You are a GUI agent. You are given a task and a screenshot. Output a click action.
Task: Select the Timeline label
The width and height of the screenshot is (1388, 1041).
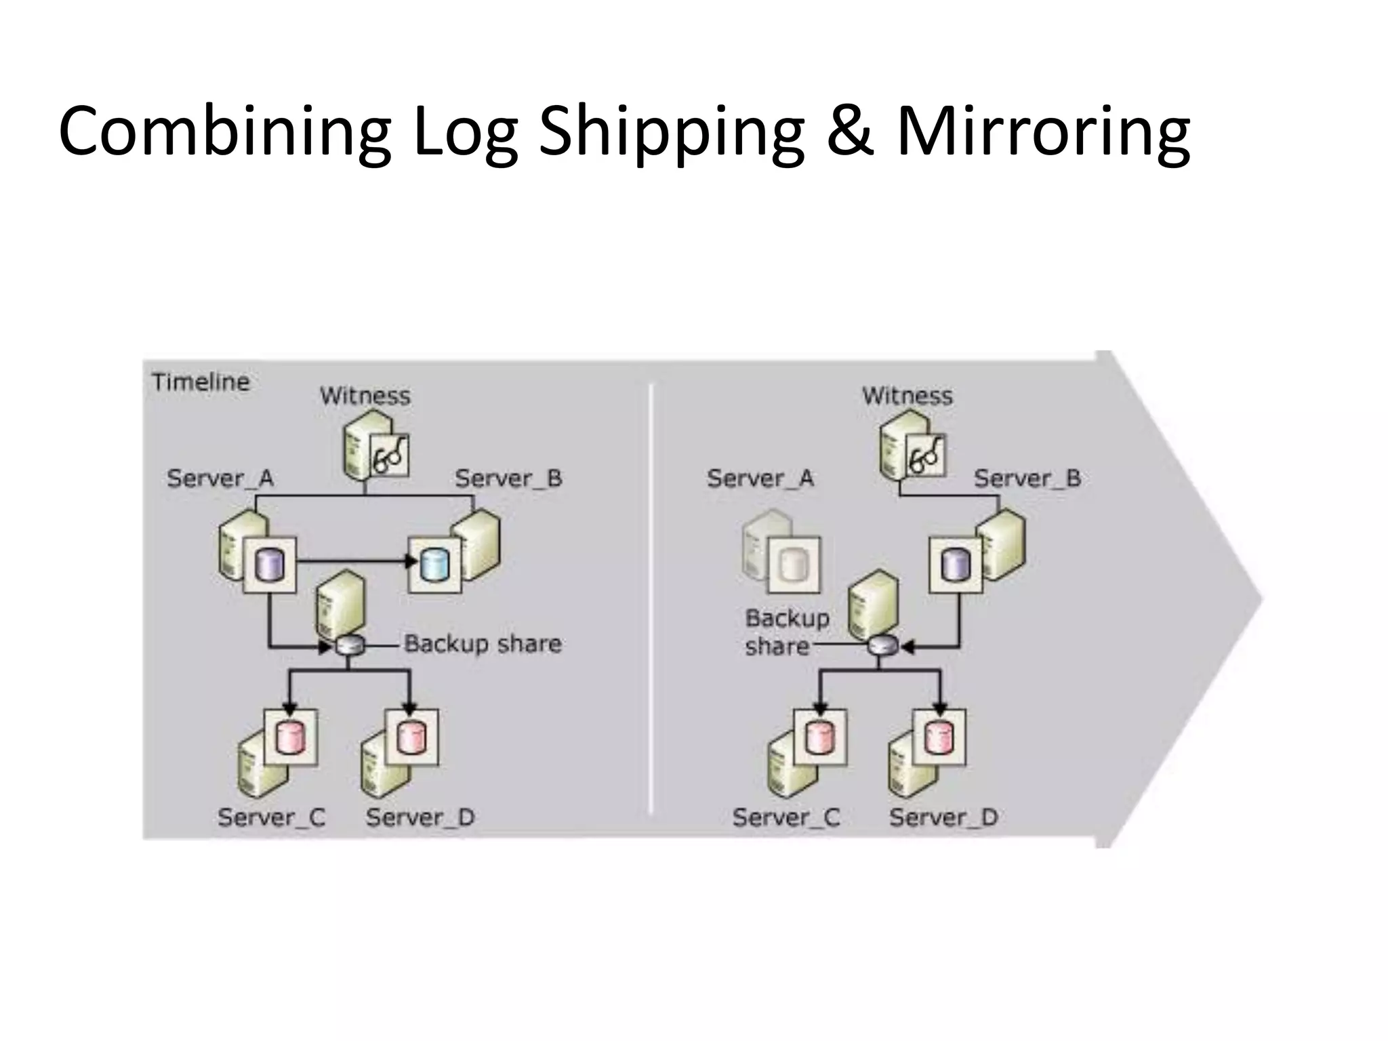pos(201,382)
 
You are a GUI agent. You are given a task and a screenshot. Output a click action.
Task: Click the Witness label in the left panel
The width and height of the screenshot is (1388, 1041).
pos(365,396)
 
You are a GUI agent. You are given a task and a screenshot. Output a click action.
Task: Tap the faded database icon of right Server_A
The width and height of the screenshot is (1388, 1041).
pos(792,565)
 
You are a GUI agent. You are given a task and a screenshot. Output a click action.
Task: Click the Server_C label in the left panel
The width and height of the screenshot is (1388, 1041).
pos(271,817)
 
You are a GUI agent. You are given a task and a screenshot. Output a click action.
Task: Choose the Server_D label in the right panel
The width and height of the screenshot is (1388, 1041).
pos(943,817)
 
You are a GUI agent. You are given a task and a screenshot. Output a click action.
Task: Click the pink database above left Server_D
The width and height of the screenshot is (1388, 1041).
pos(411,737)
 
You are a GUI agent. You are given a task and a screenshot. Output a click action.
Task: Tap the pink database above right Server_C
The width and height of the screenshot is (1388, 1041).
pos(820,737)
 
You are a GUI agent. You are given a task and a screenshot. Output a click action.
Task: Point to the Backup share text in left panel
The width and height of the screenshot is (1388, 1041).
pos(483,643)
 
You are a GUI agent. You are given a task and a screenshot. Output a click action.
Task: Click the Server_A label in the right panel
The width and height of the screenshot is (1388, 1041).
pos(760,478)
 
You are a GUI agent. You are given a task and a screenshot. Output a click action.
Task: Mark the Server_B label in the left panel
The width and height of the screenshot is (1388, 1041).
pos(508,478)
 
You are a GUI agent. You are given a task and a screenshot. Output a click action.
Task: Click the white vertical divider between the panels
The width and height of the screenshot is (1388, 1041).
pos(650,596)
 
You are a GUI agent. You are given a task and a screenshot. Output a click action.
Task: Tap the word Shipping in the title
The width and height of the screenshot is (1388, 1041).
pos(671,130)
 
